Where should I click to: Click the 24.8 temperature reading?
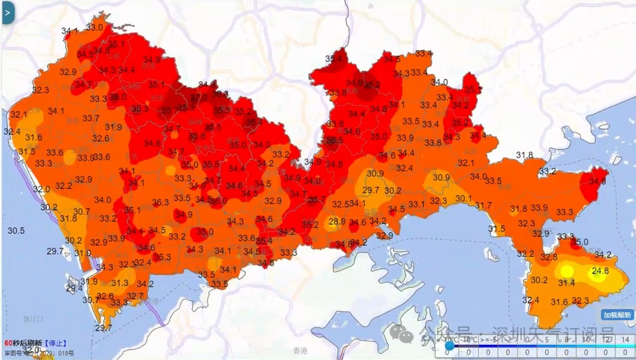pos(600,271)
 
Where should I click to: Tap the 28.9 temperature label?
pos(337,222)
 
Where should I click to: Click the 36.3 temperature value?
pos(160,202)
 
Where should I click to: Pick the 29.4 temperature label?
pos(74,288)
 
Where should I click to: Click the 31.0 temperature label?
pos(82,253)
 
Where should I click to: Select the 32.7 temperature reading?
pos(135,296)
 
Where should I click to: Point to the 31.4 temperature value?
pos(566,283)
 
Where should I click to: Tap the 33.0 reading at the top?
pos(94,27)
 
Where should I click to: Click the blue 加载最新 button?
pos(617,315)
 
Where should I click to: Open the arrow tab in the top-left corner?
pos(7,12)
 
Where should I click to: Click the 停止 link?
pos(57,343)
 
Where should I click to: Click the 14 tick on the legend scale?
pos(625,339)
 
